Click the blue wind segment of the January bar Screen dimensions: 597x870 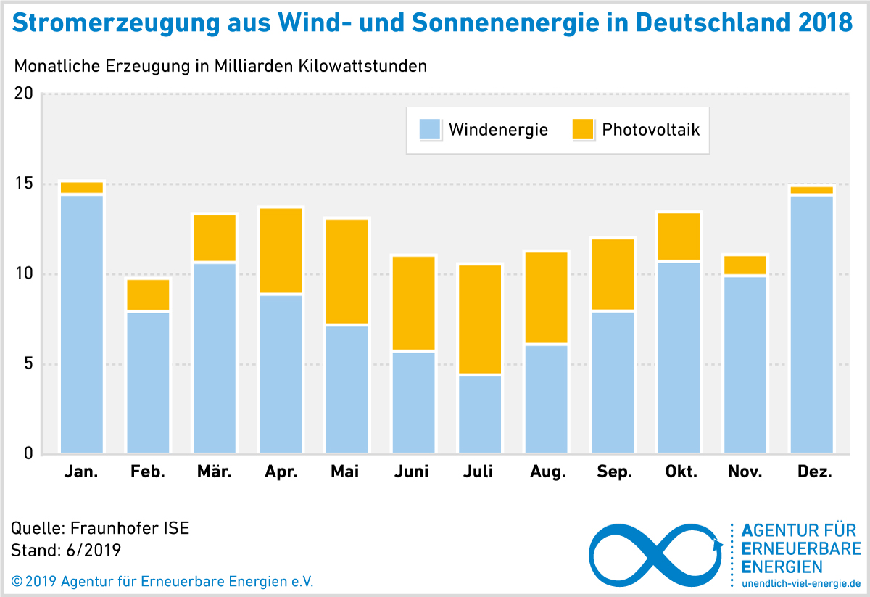pyautogui.click(x=82, y=324)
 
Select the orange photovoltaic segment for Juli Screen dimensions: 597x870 pyautogui.click(x=479, y=319)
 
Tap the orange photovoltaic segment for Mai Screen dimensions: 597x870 pyautogui.click(x=347, y=271)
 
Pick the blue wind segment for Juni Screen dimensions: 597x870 pyautogui.click(x=413, y=403)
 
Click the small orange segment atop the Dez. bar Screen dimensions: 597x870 pyautogui.click(x=811, y=190)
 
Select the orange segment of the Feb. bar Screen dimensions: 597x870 pyautogui.click(x=148, y=295)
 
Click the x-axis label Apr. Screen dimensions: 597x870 pyautogui.click(x=281, y=472)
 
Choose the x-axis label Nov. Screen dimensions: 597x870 pyautogui.click(x=745, y=472)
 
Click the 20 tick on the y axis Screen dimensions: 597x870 pyautogui.click(x=24, y=94)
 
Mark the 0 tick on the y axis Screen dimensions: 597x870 pyautogui.click(x=28, y=453)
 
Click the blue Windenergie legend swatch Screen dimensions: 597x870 pyautogui.click(x=429, y=130)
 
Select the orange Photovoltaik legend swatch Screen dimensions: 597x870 pyautogui.click(x=583, y=130)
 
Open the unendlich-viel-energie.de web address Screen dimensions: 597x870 pyautogui.click(x=801, y=583)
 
